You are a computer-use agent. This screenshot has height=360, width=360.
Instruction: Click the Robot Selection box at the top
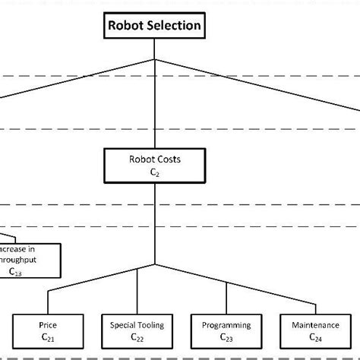click(x=154, y=26)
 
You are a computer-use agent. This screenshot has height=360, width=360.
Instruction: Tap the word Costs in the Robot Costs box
click(x=167, y=161)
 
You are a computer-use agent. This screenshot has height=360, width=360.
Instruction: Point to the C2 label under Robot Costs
click(x=154, y=173)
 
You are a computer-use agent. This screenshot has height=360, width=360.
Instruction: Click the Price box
click(x=47, y=330)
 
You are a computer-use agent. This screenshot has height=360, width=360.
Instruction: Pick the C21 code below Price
click(x=47, y=337)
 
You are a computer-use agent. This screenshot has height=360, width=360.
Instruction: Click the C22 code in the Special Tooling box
click(x=137, y=337)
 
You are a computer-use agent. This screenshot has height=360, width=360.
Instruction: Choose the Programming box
click(x=226, y=330)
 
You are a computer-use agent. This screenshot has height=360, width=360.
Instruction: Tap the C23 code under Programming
click(x=226, y=337)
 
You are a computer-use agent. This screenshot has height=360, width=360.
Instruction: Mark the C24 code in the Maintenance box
click(x=315, y=337)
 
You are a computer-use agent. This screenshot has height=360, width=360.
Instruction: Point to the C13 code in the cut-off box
click(x=15, y=271)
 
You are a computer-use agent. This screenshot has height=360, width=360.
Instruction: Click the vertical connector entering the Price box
click(x=48, y=299)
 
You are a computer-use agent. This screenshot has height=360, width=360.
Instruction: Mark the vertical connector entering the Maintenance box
click(x=315, y=299)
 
